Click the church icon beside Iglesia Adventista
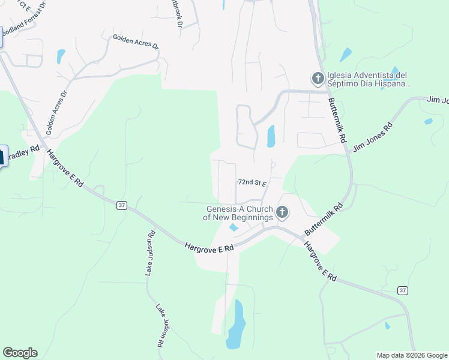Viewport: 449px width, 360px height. pyautogui.click(x=317, y=78)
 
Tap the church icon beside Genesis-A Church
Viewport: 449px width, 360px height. pyautogui.click(x=282, y=212)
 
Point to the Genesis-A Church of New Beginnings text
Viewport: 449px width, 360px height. pyautogui.click(x=240, y=213)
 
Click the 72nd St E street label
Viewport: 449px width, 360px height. pyautogui.click(x=252, y=182)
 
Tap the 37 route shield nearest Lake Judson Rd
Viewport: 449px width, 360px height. pyautogui.click(x=122, y=205)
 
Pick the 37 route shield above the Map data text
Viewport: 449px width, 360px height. pyautogui.click(x=402, y=290)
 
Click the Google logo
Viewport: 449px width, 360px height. pyautogui.click(x=20, y=353)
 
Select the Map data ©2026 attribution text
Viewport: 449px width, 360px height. pyautogui.click(x=411, y=355)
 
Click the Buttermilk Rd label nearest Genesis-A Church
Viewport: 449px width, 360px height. pyautogui.click(x=324, y=218)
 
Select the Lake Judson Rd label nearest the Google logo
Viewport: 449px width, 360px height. pyautogui.click(x=161, y=326)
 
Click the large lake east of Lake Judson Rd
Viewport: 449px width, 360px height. pyautogui.click(x=236, y=326)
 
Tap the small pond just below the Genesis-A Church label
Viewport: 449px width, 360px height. pyautogui.click(x=234, y=227)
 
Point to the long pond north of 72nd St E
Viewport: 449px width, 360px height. pyautogui.click(x=270, y=136)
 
